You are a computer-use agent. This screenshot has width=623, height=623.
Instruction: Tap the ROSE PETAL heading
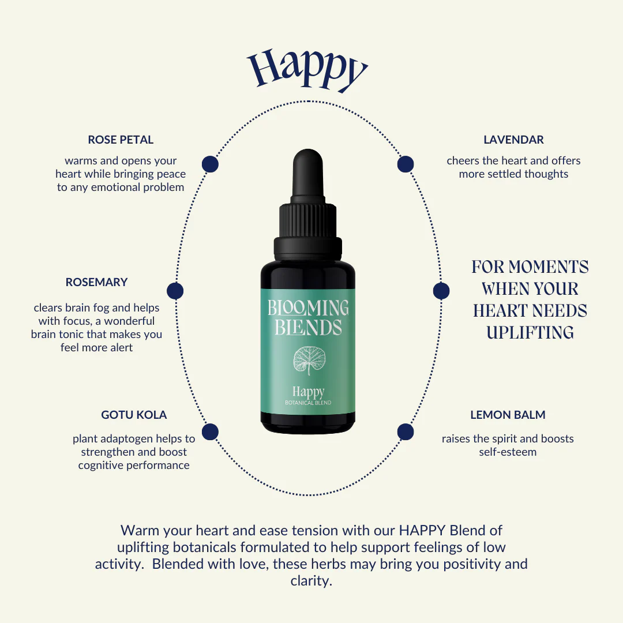[x=121, y=140]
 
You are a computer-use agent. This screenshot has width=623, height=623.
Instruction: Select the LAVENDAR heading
[x=513, y=140]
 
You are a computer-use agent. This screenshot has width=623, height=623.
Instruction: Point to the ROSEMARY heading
[x=96, y=282]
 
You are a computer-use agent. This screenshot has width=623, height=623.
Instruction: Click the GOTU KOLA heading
[x=134, y=415]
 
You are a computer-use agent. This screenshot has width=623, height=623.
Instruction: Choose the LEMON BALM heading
[x=508, y=415]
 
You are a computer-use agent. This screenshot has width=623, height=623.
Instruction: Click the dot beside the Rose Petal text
[x=210, y=164]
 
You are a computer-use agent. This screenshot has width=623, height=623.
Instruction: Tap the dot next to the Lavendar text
[x=406, y=164]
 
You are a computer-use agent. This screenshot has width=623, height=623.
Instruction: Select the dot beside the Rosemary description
[x=175, y=291]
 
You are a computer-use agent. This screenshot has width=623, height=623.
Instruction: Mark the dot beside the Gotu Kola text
[x=210, y=432]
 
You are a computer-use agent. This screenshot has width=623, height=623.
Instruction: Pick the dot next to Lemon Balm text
[x=406, y=432]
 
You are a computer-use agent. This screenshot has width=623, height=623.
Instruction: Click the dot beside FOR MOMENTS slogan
[x=441, y=291]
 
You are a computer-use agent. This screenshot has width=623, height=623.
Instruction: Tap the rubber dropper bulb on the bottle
[x=308, y=175]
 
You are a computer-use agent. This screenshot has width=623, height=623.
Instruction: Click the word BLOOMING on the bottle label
[x=308, y=308]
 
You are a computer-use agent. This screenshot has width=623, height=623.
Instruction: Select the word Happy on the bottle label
[x=308, y=392]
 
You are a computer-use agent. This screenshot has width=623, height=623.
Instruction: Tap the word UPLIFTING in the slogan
[x=530, y=333]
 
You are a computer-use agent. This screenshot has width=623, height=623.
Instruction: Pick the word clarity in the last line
[x=311, y=581]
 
